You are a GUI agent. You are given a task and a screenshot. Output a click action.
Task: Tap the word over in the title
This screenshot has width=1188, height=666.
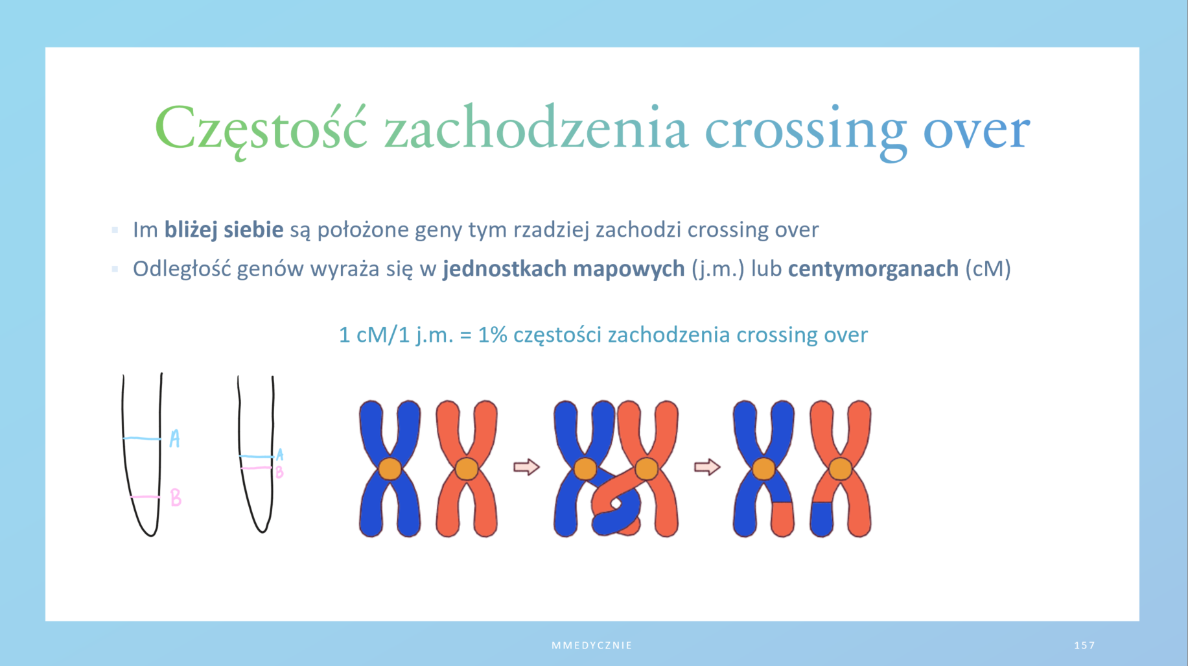[x=976, y=130]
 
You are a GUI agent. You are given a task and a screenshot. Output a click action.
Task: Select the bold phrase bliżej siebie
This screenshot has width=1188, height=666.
[x=224, y=230]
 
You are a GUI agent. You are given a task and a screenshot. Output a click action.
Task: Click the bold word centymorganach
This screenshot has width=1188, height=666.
[x=873, y=268]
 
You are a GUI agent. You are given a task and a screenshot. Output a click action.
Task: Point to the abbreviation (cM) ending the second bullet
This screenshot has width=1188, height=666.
[x=988, y=268]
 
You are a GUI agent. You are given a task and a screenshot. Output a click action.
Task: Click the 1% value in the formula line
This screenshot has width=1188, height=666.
[x=492, y=335]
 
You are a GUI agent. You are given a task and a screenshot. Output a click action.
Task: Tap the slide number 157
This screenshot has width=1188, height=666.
[x=1084, y=645]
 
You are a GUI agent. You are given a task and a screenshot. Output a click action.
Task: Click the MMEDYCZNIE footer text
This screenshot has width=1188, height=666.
[x=592, y=645]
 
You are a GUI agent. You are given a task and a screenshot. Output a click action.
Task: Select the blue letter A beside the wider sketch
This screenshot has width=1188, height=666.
[x=174, y=439]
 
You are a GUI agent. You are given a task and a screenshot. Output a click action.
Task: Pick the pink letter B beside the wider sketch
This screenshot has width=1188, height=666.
[x=176, y=498]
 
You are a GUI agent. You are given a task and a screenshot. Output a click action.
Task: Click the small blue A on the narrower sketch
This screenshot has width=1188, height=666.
[x=279, y=455]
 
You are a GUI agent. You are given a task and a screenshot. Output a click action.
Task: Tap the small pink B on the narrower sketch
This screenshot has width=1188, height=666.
[x=279, y=472]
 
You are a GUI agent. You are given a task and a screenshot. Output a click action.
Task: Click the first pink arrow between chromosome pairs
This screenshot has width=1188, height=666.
[x=526, y=467]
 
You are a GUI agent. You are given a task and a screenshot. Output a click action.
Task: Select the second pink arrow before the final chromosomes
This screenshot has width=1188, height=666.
[x=707, y=467]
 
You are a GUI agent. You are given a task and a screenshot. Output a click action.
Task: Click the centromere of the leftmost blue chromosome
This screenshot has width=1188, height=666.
[x=390, y=469]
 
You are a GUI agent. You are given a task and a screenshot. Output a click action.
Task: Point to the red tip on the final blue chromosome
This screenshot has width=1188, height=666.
[x=783, y=519]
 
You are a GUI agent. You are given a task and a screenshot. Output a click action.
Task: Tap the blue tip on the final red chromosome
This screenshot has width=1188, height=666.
[x=822, y=519]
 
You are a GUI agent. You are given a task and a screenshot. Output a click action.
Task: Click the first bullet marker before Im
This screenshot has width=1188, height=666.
[x=115, y=230]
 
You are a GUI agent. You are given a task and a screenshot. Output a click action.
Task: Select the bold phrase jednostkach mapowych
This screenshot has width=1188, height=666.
[x=564, y=268]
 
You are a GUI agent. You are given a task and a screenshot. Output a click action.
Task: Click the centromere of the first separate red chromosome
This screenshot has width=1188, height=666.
[x=467, y=469]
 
